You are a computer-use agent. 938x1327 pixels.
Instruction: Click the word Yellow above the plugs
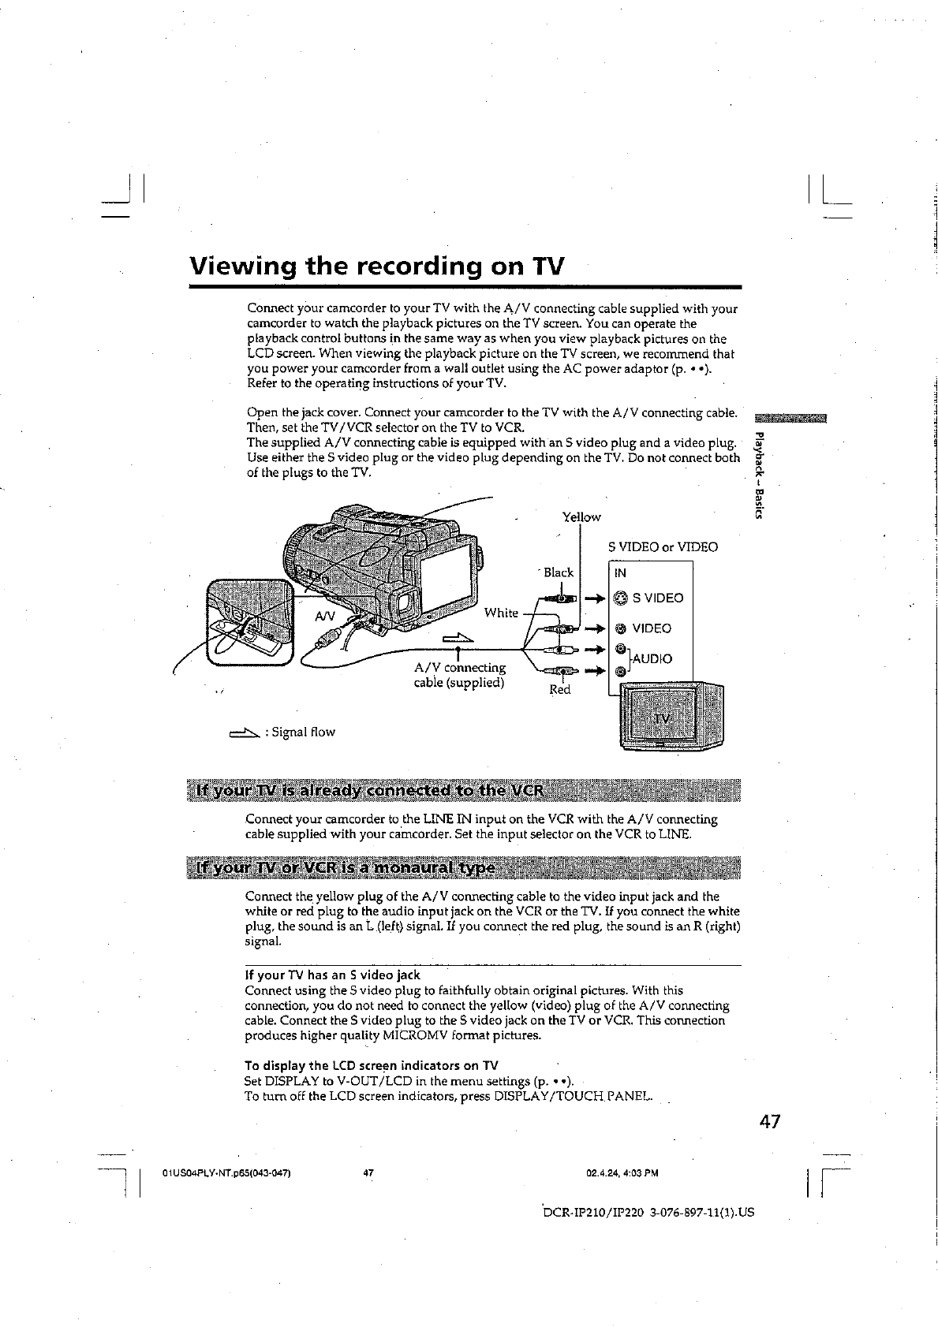(581, 517)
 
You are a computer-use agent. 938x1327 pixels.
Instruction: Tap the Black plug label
(558, 572)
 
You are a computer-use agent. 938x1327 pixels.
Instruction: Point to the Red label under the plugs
(559, 690)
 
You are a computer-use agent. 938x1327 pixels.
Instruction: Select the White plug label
(501, 613)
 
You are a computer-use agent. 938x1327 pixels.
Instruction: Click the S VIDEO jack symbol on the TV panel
(620, 598)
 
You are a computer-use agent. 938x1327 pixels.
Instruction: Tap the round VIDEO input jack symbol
(621, 628)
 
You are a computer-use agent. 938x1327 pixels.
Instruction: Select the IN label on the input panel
(620, 573)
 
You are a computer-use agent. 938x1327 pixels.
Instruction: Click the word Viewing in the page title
(241, 267)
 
